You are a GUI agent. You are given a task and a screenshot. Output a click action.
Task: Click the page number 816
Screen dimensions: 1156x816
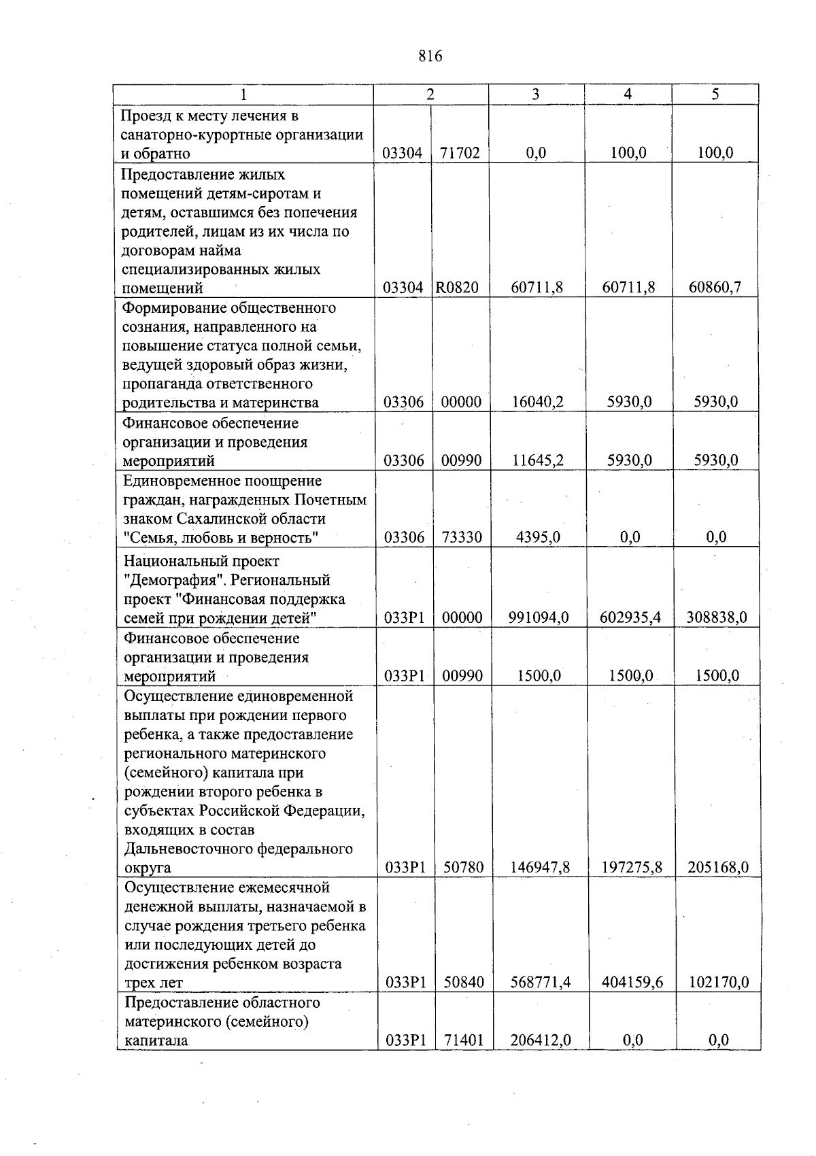click(430, 56)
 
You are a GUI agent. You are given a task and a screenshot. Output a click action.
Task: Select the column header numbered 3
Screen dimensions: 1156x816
click(536, 95)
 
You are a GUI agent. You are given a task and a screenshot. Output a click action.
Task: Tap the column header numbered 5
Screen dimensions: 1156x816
click(715, 95)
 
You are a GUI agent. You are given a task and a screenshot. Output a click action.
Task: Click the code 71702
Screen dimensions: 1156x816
click(460, 153)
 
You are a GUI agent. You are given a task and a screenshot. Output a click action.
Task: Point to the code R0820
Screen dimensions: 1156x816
click(457, 288)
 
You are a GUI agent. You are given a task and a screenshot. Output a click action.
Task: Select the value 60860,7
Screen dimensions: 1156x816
click(715, 288)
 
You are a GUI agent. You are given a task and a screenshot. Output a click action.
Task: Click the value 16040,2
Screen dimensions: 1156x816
click(537, 402)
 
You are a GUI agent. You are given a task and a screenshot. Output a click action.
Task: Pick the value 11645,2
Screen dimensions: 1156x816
click(537, 460)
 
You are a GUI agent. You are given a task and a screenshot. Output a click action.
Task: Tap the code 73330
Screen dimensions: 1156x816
click(462, 537)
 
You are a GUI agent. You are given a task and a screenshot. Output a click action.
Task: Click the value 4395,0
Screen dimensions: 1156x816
click(538, 537)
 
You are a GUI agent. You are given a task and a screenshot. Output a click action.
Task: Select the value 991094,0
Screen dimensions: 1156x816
click(539, 617)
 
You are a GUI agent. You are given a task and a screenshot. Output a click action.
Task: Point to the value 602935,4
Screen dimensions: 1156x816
click(630, 617)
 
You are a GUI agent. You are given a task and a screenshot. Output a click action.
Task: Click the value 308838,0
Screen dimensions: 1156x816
click(717, 617)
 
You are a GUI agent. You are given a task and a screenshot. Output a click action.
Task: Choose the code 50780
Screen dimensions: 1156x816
click(463, 867)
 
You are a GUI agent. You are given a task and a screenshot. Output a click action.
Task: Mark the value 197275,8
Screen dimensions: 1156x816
click(631, 867)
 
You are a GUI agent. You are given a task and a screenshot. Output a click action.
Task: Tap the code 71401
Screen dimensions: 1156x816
click(464, 1040)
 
